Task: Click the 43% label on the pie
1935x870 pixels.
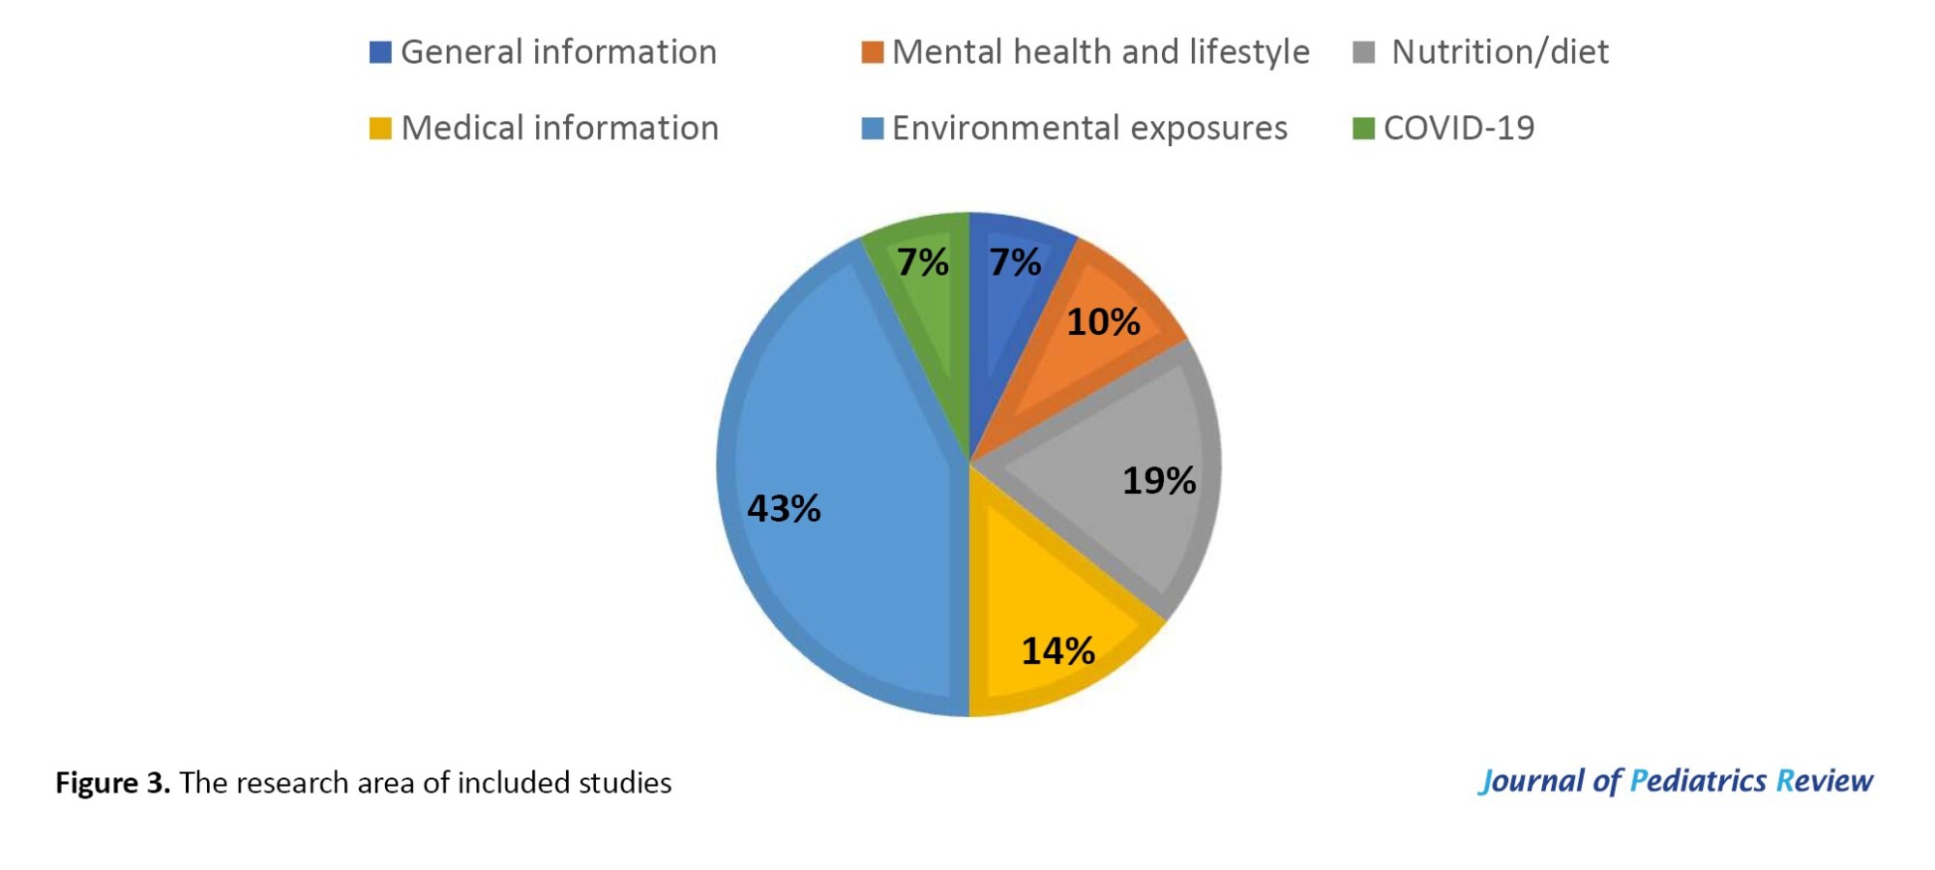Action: point(784,509)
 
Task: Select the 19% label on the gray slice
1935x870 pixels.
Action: point(1159,481)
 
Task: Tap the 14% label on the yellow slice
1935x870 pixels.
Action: point(1058,651)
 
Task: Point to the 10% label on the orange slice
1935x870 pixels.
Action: point(1103,322)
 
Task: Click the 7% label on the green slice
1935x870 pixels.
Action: point(922,262)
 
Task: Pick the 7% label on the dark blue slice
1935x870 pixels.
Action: point(1015,262)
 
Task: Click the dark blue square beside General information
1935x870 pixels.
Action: point(380,52)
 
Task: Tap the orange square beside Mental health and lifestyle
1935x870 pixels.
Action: point(872,52)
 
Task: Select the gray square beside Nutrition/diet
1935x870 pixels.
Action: point(1363,52)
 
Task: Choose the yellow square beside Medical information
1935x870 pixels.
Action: point(380,128)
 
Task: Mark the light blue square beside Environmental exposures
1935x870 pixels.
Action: point(872,128)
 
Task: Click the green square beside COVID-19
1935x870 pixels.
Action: point(1363,128)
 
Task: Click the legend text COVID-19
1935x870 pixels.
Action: point(1458,128)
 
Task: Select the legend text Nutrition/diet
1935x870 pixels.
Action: point(1500,52)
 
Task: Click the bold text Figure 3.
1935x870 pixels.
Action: point(112,783)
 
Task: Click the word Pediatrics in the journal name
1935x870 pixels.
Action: point(1697,781)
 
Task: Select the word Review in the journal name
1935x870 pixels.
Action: point(1825,781)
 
